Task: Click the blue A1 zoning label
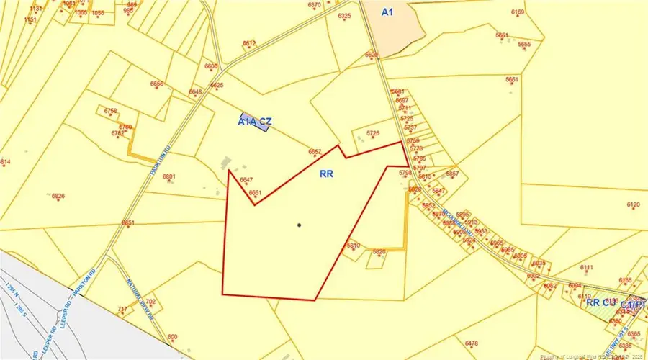pyautogui.click(x=388, y=12)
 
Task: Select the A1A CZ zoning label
pyautogui.click(x=253, y=122)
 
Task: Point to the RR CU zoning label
pyautogui.click(x=600, y=302)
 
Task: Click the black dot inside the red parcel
pyautogui.click(x=299, y=225)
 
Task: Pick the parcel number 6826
pyautogui.click(x=58, y=196)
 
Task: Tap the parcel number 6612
pyautogui.click(x=249, y=44)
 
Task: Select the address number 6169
pyautogui.click(x=518, y=12)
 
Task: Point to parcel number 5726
pyautogui.click(x=372, y=133)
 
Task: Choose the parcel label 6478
pyautogui.click(x=472, y=343)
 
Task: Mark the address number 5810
pyautogui.click(x=353, y=246)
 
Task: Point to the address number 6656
pyautogui.click(x=157, y=84)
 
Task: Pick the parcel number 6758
pyautogui.click(x=110, y=111)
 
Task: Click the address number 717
pyautogui.click(x=122, y=309)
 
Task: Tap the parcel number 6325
pyautogui.click(x=344, y=16)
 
